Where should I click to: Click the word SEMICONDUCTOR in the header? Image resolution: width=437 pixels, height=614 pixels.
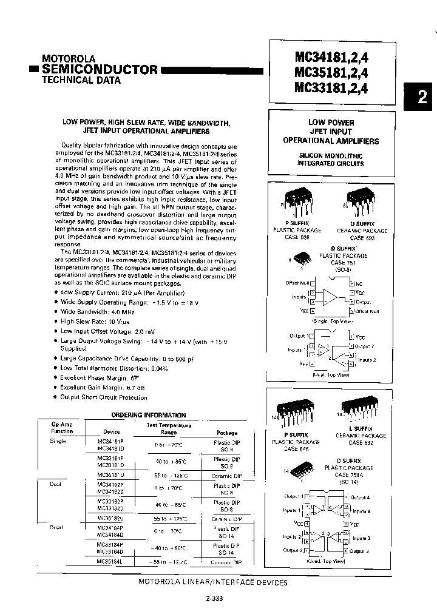(99, 69)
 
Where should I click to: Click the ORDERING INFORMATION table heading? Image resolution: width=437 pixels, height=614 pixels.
(149, 415)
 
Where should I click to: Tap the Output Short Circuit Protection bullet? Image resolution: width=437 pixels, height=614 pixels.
(104, 397)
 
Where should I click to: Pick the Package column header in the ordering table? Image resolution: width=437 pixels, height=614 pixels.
(227, 433)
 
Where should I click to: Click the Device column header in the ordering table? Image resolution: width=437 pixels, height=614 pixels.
(112, 432)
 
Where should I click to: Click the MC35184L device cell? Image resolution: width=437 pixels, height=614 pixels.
(110, 561)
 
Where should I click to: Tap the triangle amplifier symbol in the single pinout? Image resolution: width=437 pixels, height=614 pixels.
(330, 297)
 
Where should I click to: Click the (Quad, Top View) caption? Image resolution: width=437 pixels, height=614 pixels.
(331, 561)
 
